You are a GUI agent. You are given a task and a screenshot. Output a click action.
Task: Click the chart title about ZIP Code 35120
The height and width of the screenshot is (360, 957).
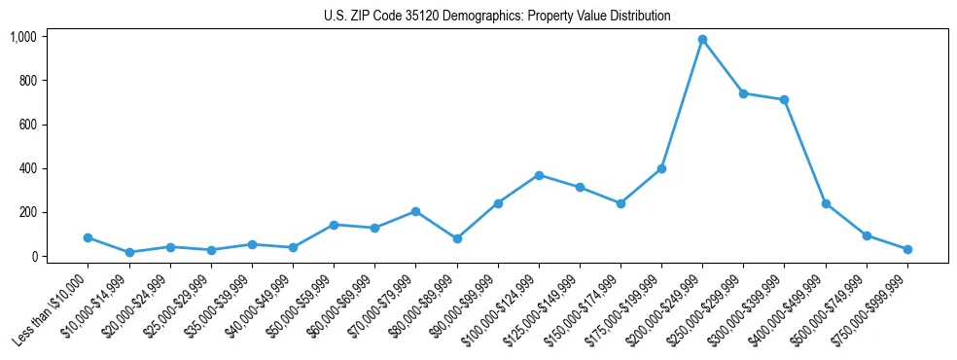point(497,17)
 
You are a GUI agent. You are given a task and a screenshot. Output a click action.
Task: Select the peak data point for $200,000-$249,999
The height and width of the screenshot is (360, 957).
point(702,40)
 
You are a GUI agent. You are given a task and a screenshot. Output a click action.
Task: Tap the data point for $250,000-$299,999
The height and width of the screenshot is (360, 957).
point(743,93)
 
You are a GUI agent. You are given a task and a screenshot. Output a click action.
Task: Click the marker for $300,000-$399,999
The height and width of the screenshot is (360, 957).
point(784,100)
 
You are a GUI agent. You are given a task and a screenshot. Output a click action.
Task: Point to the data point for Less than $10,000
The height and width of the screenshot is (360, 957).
point(89,237)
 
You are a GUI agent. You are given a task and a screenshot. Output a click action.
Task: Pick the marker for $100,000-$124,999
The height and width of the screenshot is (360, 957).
point(539,175)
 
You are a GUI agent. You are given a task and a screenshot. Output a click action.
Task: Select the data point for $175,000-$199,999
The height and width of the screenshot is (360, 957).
point(661,168)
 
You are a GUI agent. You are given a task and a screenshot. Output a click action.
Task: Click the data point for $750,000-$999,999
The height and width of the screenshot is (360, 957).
point(907,249)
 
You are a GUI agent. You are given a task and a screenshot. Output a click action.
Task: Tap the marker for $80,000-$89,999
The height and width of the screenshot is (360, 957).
point(457,238)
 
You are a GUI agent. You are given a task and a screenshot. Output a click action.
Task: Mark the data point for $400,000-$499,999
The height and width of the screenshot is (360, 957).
point(826,204)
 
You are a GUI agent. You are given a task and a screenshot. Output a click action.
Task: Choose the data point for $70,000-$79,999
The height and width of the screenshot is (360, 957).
point(416,211)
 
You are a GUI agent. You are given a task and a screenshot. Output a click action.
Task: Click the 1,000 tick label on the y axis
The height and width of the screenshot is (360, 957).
point(23,37)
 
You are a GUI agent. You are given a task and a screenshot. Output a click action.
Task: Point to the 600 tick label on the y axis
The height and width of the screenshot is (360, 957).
point(28,125)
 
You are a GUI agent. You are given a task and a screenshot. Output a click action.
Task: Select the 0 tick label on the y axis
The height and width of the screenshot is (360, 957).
point(34,257)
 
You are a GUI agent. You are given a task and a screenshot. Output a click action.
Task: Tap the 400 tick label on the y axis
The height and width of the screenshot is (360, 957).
point(28,168)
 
